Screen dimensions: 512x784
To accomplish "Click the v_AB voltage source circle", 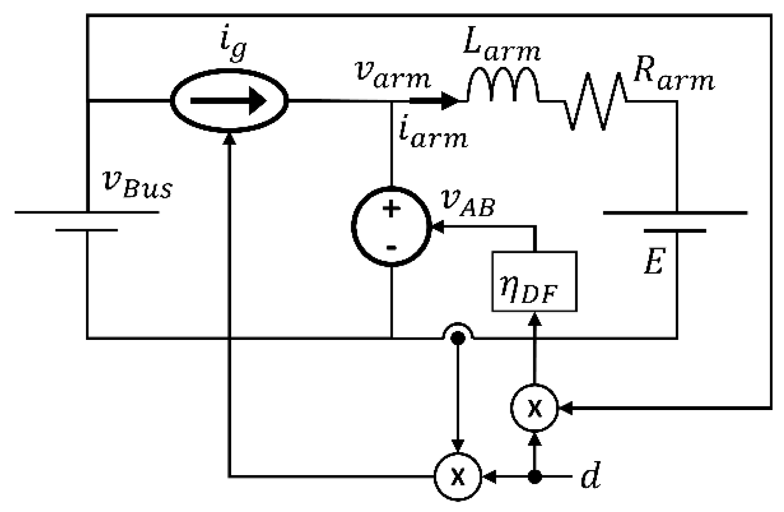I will [391, 227].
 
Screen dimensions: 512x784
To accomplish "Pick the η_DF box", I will [534, 281].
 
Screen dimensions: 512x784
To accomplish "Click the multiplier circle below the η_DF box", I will [534, 409].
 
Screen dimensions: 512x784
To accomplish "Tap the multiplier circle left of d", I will [458, 477].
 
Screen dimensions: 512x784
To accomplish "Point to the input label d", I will [590, 477].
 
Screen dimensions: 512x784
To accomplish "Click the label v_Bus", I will [137, 185].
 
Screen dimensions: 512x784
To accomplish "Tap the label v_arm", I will [392, 77].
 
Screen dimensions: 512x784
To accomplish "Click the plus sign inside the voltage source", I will [391, 208].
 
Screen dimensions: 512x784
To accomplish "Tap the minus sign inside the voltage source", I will [391, 247].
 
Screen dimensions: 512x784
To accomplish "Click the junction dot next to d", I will [535, 477].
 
